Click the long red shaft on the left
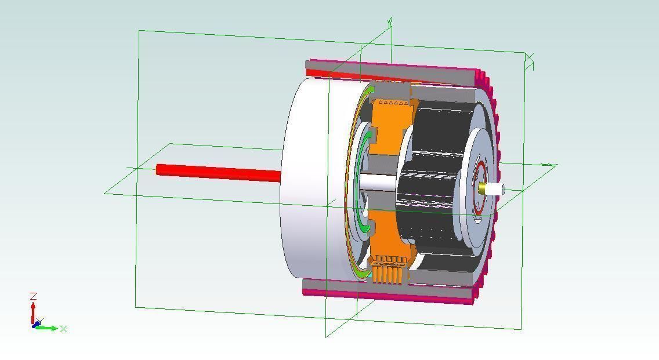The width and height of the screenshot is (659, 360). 218,172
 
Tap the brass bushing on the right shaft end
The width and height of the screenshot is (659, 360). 483,188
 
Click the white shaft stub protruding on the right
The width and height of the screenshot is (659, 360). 495,189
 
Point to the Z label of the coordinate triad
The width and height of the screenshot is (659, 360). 34,296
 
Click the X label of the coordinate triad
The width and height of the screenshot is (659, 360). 63,329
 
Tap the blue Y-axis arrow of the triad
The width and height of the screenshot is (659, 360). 37,323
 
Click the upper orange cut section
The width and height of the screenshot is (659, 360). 386,125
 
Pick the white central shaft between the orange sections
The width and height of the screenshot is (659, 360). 377,183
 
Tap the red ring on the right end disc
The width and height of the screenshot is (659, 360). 480,174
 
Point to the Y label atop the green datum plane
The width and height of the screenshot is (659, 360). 390,22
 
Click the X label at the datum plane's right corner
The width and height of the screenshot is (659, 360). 530,59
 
